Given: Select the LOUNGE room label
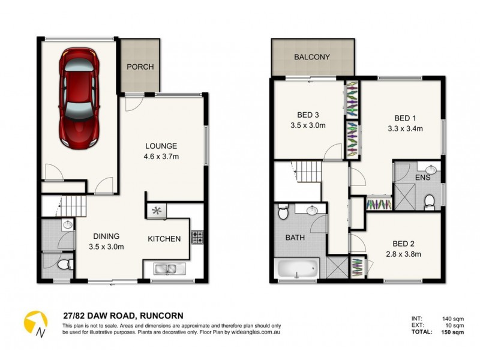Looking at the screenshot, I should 160,146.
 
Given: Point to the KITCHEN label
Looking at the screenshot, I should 164,239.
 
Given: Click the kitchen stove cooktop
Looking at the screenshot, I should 197,236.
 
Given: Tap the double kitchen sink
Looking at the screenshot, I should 166,269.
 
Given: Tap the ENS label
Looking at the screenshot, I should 423,178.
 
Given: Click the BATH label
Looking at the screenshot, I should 295,238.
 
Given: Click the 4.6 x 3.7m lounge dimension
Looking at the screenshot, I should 160,157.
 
